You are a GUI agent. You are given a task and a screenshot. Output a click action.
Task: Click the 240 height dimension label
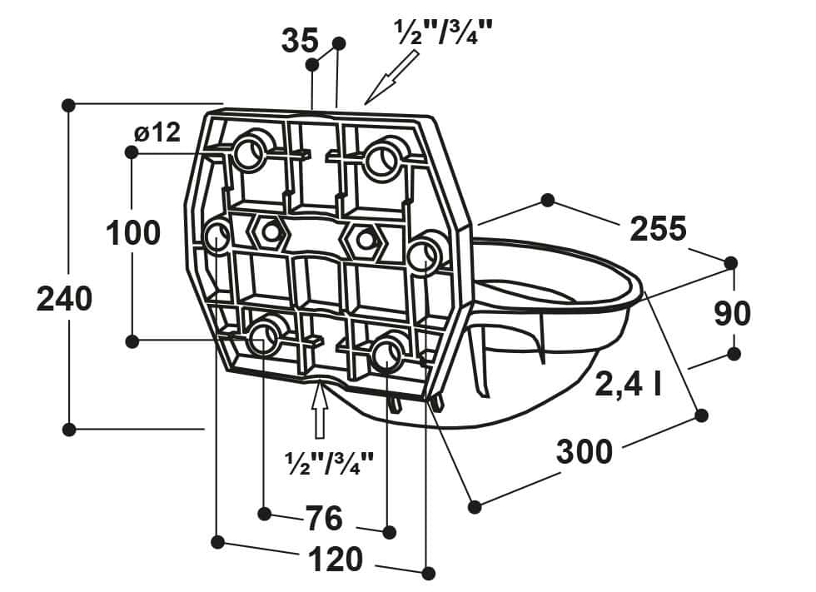[x=65, y=300]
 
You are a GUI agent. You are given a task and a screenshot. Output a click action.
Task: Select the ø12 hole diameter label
[x=157, y=132]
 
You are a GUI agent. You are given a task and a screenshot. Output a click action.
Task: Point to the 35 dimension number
[x=300, y=41]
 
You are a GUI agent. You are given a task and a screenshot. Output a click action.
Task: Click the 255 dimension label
[x=659, y=229]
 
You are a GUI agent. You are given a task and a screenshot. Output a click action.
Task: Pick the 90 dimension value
[x=733, y=313]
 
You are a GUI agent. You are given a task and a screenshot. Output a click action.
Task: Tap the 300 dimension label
[x=585, y=451]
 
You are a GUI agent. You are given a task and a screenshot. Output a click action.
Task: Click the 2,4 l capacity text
[x=628, y=384]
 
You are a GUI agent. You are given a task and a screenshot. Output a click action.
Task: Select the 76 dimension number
[x=324, y=518]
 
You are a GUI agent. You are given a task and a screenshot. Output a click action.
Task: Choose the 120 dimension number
[x=335, y=560]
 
